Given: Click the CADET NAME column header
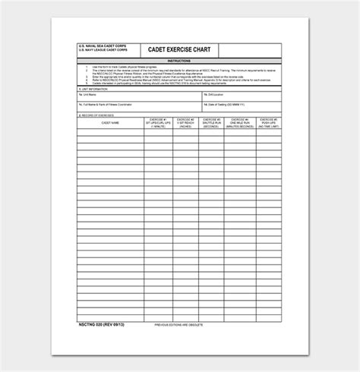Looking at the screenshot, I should pyautogui.click(x=102, y=123).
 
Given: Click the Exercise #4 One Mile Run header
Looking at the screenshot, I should pyautogui.click(x=242, y=123).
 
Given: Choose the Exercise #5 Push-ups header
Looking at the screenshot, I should pyautogui.click(x=270, y=123).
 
